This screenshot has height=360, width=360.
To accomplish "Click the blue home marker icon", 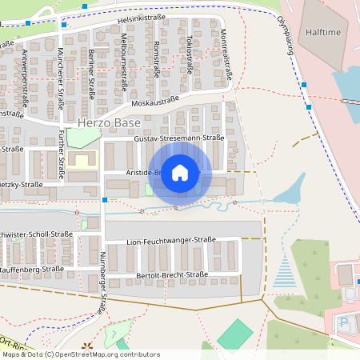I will tap(180, 172).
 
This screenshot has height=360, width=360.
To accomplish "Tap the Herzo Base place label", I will tap(110, 123).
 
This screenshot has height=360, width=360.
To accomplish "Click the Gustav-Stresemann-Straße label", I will tap(180, 138).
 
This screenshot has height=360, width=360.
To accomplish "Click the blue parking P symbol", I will tap(345, 323).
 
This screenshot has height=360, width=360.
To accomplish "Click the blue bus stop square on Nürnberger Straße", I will tap(105, 199).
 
